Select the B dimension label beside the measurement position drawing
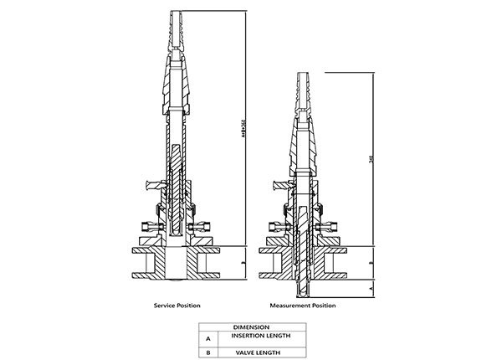(x=371, y=261)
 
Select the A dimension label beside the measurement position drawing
(x=371, y=286)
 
